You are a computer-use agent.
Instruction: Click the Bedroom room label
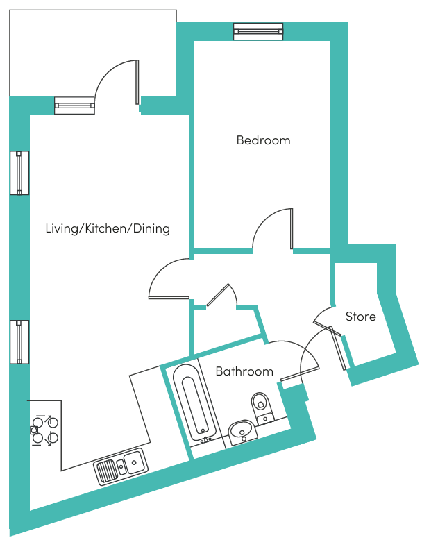click(264, 140)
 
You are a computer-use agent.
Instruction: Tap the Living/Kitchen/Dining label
click(108, 228)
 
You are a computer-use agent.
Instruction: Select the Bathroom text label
click(244, 371)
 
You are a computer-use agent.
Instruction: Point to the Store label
click(361, 317)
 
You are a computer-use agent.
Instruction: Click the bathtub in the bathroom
click(194, 404)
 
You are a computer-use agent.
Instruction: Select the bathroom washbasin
click(243, 432)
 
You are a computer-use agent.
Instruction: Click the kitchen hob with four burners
click(45, 430)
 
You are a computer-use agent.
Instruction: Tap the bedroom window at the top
click(258, 32)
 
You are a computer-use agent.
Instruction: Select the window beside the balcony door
click(74, 106)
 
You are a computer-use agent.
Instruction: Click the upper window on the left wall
click(19, 173)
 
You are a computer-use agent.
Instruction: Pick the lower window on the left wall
click(19, 342)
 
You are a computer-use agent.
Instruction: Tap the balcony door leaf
click(137, 82)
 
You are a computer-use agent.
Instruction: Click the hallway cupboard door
click(217, 295)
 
